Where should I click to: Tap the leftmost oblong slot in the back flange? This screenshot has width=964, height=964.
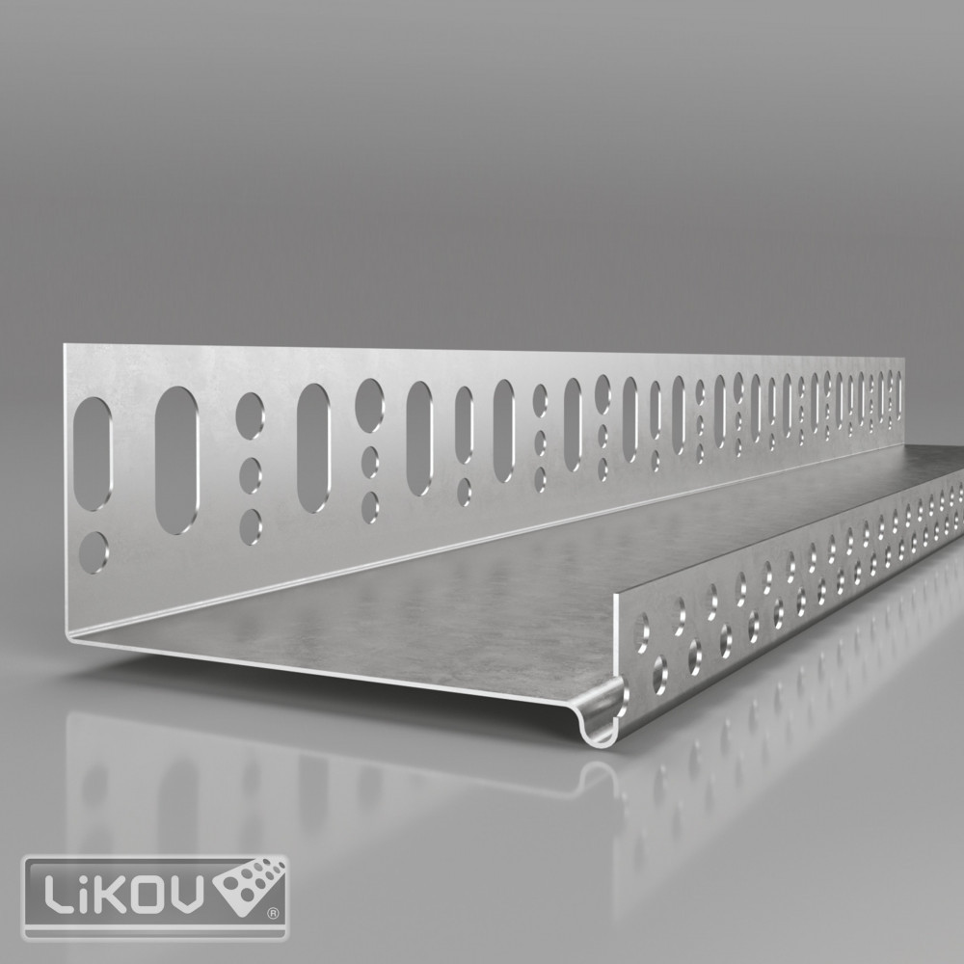click(x=93, y=454)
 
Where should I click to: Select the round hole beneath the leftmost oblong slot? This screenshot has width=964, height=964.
click(x=94, y=553)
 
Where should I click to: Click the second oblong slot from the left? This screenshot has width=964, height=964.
click(x=176, y=460)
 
